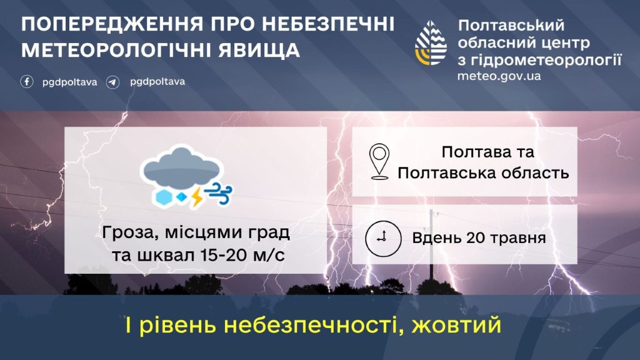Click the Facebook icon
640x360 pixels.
tap(27, 82)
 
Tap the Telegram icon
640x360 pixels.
tap(113, 82)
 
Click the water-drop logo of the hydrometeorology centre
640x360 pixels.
tap(431, 43)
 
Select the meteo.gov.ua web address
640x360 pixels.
tap(499, 76)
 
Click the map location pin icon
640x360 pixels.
tap(379, 162)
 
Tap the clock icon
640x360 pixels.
tap(383, 238)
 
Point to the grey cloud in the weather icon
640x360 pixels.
tap(181, 167)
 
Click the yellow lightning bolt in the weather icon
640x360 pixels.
tap(197, 197)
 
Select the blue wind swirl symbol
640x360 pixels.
tap(218, 193)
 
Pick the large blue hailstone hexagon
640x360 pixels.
tap(163, 197)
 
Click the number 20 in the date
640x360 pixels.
tap(476, 238)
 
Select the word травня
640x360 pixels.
tap(518, 238)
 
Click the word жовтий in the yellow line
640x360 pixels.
tap(456, 325)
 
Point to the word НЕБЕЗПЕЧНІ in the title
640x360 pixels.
tap(327, 24)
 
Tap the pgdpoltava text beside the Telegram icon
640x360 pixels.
tap(157, 82)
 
